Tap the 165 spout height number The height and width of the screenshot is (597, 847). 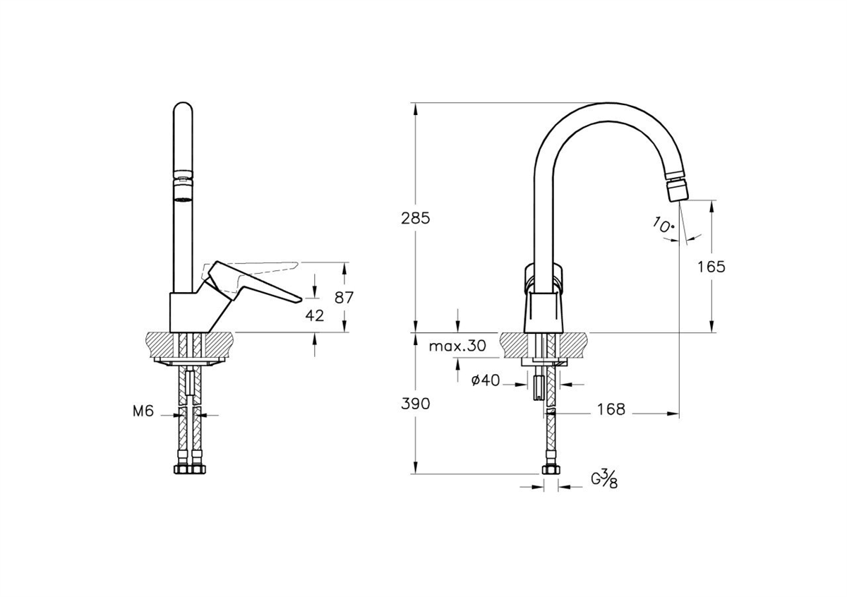(711, 266)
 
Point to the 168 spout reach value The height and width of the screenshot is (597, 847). (611, 409)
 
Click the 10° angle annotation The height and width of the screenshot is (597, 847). (663, 227)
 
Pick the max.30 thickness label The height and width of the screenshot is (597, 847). (457, 346)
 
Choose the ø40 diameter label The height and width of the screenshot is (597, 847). (485, 381)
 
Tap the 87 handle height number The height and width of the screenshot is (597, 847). (344, 297)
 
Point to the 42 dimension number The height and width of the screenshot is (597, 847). (315, 315)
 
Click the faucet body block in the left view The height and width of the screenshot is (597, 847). (189, 311)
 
